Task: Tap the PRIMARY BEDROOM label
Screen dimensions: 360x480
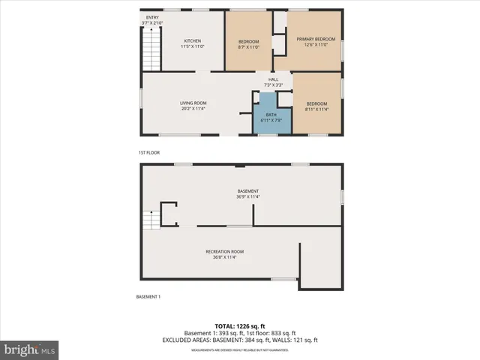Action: (x=316, y=38)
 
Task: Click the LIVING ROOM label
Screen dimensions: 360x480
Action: (x=193, y=103)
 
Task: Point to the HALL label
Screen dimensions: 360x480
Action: (x=274, y=79)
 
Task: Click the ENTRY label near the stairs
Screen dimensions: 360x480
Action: (x=152, y=16)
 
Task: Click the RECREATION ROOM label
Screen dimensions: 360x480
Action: (x=225, y=251)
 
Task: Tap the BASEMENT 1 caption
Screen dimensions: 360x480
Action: (x=148, y=297)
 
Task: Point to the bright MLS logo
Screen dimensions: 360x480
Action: (x=30, y=349)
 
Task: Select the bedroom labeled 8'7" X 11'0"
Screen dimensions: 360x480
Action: (x=249, y=43)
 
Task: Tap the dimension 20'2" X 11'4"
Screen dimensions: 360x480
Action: (x=193, y=109)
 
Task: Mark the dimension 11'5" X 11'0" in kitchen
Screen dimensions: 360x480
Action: (x=193, y=46)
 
